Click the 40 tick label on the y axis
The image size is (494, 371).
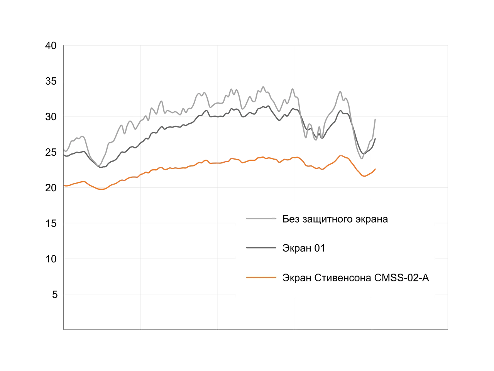pos(51,46)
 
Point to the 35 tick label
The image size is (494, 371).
pos(51,81)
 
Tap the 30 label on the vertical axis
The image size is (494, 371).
pos(51,117)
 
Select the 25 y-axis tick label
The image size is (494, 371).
pos(51,153)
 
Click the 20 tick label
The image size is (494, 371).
pos(51,188)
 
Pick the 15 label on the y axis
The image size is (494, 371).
pos(51,223)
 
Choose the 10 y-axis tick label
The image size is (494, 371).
pos(51,259)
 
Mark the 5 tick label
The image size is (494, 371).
pos(55,294)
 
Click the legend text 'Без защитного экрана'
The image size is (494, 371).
pos(335,219)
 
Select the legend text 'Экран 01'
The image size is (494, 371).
pos(304,248)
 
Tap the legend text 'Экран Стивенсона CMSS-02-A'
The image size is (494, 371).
pos(355,278)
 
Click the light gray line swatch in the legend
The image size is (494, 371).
pos(261,218)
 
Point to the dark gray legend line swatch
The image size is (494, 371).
pos(261,248)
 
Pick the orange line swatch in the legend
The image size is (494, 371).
pos(261,277)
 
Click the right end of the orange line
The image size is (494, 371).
pos(375,169)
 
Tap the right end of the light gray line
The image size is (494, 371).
pos(375,119)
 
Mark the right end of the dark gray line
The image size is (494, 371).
pos(375,139)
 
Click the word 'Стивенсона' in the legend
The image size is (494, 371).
pos(343,278)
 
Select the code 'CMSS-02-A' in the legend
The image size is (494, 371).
pos(402,278)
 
